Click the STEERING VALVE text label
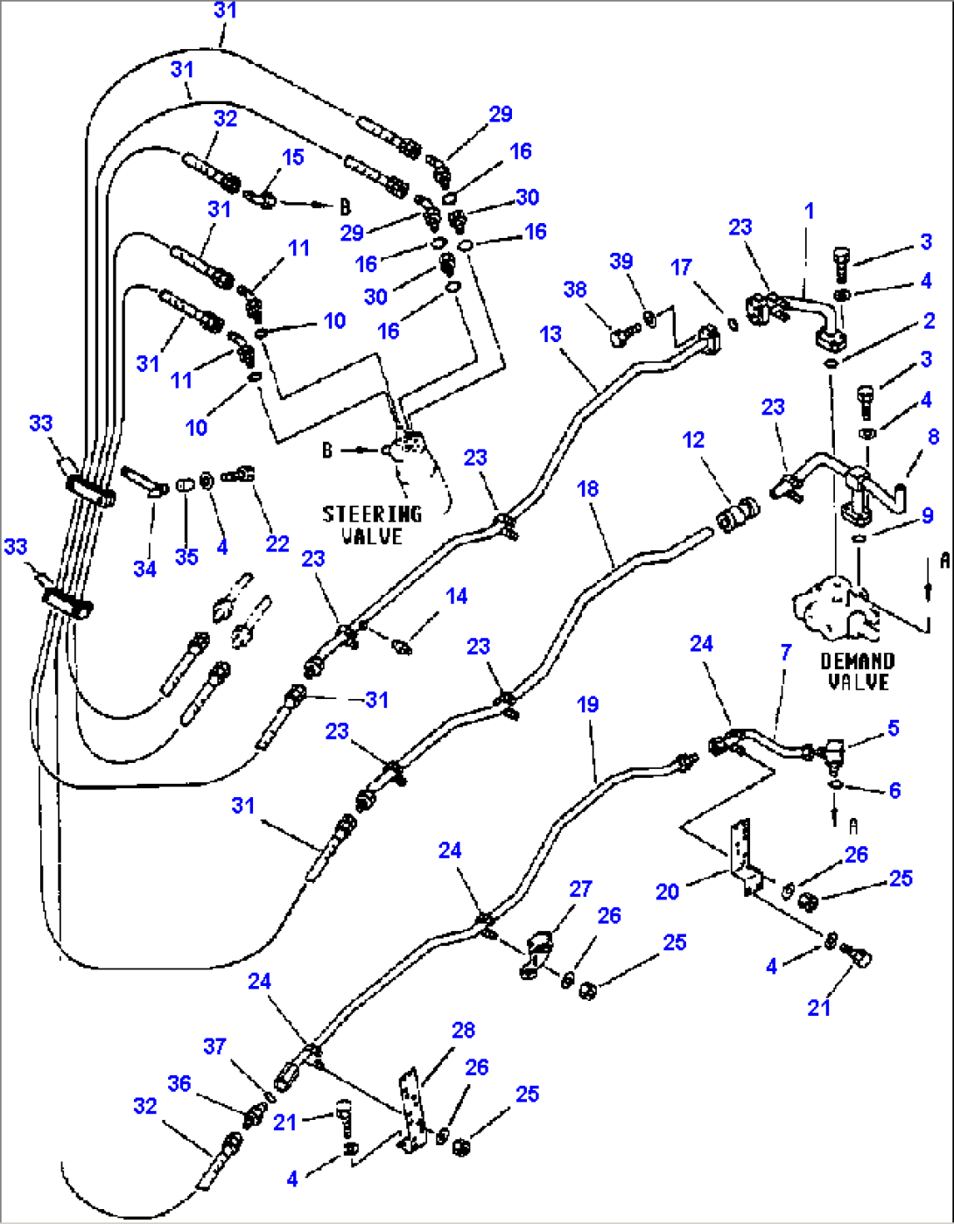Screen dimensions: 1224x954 372,525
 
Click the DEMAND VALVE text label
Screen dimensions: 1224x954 858,671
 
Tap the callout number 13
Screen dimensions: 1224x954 551,334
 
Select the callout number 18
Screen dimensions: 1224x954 588,488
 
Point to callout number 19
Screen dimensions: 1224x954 588,704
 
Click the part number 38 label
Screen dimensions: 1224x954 575,290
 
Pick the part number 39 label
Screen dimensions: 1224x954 621,261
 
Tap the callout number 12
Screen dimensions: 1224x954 694,439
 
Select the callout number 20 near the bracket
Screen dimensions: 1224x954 668,892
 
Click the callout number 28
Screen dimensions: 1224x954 464,1030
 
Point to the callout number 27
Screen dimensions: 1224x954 581,889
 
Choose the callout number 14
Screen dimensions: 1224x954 457,596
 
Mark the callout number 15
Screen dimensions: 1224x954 293,157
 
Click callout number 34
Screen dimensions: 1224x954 144,569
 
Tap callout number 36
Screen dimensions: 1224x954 179,1083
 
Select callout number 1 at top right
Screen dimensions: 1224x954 810,211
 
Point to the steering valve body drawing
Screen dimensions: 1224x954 408,447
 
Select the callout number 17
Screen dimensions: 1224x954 682,267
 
